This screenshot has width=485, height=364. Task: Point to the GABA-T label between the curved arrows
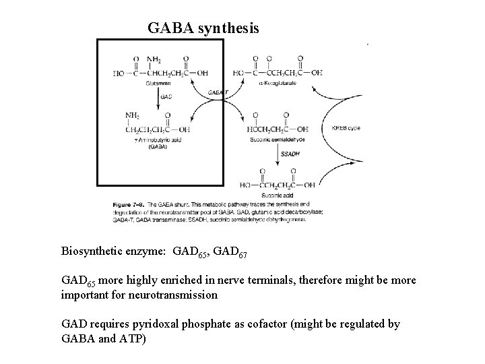(219, 92)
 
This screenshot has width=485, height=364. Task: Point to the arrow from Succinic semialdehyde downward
(279, 156)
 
